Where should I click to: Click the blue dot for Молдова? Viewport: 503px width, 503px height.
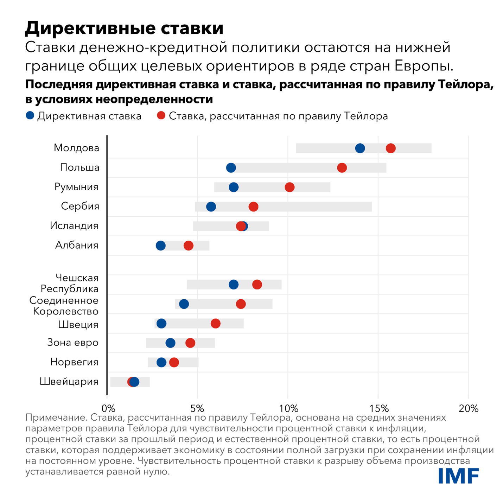(x=360, y=148)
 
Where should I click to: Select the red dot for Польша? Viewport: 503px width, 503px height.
(x=342, y=168)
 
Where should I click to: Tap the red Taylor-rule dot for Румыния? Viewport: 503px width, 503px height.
(x=289, y=187)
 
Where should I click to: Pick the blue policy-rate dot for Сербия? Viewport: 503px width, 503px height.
(x=211, y=206)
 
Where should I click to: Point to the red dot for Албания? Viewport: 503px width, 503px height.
(x=189, y=246)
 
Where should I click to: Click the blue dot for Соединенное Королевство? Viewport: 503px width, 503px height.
(x=184, y=304)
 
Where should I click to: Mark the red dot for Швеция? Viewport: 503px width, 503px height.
(x=216, y=324)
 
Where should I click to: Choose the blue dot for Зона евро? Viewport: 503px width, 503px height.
(x=170, y=343)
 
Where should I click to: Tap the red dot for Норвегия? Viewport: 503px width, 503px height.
(x=174, y=362)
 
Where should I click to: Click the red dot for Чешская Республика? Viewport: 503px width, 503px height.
(x=257, y=285)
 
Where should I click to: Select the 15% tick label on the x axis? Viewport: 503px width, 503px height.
(x=379, y=408)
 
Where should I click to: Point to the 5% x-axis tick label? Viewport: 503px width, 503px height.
(x=197, y=408)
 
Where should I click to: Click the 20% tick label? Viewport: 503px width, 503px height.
(x=469, y=408)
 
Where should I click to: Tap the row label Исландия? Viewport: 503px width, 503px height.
(x=74, y=225)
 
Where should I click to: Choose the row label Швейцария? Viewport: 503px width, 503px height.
(x=69, y=381)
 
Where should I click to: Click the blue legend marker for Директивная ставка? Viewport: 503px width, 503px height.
(x=30, y=115)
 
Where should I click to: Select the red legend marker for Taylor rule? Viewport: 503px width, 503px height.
(x=161, y=115)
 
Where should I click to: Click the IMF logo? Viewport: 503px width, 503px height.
(x=459, y=476)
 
